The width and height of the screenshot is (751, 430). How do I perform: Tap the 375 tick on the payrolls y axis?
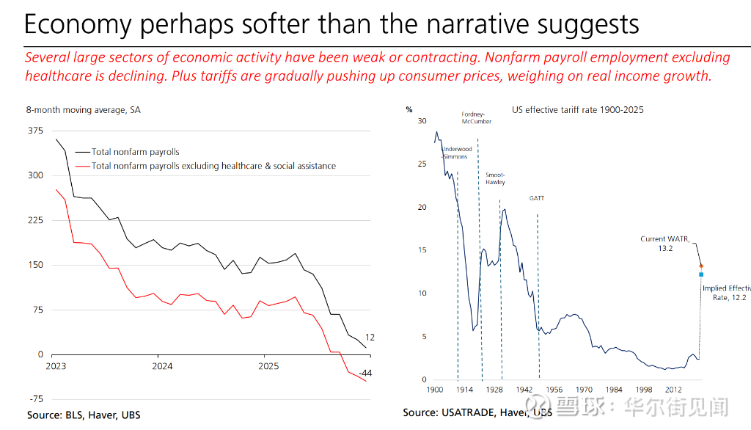(x=35, y=131)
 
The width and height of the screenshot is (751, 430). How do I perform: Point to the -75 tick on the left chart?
(x=35, y=399)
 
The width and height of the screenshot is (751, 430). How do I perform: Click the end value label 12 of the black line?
(x=370, y=338)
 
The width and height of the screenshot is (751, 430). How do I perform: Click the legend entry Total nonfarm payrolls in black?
(x=136, y=152)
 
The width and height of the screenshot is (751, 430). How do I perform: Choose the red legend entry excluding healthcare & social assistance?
(x=213, y=166)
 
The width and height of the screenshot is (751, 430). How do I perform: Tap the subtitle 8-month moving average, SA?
(x=83, y=110)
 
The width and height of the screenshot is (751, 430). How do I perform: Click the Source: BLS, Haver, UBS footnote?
(x=84, y=415)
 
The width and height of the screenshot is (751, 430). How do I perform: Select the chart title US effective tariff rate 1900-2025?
(x=577, y=110)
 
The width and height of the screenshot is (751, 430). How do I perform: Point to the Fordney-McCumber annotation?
(x=476, y=117)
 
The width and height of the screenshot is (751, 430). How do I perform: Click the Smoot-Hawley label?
(x=495, y=178)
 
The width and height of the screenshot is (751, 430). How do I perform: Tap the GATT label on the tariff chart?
(x=537, y=198)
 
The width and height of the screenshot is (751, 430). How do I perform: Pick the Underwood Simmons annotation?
(x=457, y=153)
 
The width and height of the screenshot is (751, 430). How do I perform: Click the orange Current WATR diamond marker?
(x=701, y=266)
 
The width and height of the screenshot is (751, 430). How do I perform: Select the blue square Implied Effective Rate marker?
(x=701, y=274)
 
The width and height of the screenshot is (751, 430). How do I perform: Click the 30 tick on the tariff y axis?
(x=421, y=120)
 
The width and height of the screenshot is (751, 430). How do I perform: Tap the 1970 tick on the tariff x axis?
(x=584, y=389)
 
